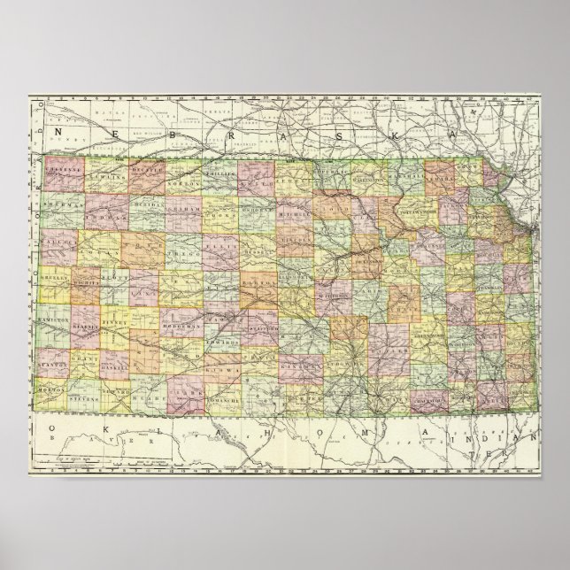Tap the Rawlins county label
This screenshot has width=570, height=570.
[x=105, y=171]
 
